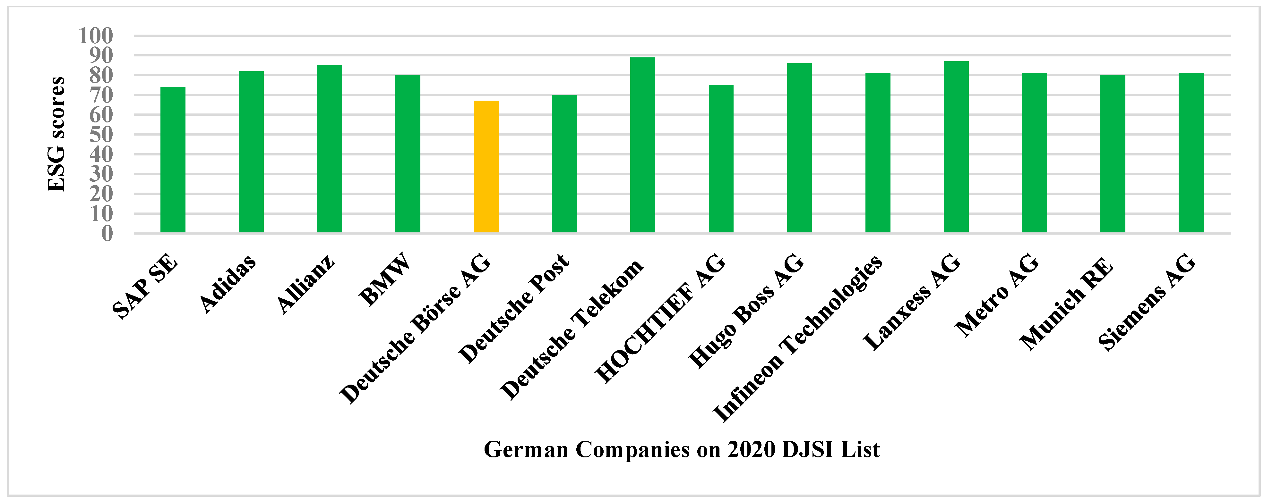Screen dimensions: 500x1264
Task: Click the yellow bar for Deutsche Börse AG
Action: [486, 167]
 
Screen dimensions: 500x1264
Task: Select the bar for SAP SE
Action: [173, 159]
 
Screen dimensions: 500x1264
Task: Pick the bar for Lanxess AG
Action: [956, 147]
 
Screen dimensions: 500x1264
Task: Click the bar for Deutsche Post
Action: [564, 164]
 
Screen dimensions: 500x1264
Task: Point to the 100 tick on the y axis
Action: [96, 36]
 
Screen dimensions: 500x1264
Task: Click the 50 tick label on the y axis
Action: [101, 134]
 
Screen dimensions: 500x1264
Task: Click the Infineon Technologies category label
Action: [797, 338]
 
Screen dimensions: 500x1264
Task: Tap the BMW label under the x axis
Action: [385, 279]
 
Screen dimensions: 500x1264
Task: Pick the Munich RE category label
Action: [1066, 304]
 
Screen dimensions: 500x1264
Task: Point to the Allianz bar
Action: [329, 149]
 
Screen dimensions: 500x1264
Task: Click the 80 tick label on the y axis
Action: [101, 75]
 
